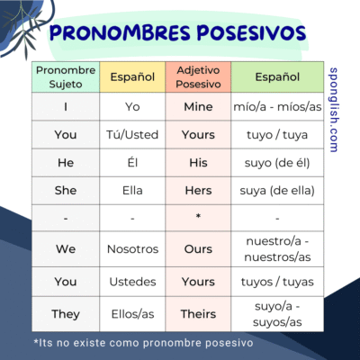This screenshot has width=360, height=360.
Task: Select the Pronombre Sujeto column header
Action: (66, 76)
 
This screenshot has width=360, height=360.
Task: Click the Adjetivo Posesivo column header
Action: (198, 76)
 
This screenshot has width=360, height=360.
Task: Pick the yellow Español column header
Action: (132, 77)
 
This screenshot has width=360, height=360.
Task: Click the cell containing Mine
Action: (198, 106)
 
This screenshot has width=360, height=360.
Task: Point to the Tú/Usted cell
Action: (132, 134)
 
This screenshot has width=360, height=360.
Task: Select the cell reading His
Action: (198, 163)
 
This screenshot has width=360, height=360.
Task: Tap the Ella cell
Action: (132, 191)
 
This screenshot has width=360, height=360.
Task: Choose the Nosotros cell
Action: (132, 248)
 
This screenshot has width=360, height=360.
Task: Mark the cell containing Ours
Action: (198, 248)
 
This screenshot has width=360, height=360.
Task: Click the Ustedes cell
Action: (132, 282)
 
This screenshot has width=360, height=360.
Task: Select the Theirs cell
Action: (198, 315)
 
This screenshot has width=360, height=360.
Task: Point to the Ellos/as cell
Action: (132, 315)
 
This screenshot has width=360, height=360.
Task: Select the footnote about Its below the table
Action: (144, 342)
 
